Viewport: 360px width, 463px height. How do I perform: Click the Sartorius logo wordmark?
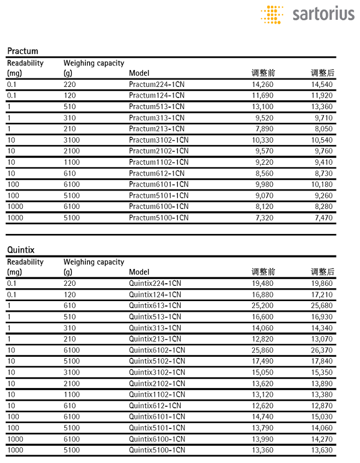click(323, 13)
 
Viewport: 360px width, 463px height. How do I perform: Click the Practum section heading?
click(23, 51)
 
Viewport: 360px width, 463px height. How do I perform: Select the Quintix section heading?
click(21, 250)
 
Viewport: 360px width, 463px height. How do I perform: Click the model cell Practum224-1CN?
click(157, 84)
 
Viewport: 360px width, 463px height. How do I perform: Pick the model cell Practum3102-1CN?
click(159, 140)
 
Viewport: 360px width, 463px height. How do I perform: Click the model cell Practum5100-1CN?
click(159, 218)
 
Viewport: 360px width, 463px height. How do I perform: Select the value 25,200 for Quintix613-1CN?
click(263, 306)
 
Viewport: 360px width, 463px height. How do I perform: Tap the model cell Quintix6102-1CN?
click(157, 350)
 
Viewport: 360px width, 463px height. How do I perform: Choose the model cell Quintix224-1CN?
click(155, 284)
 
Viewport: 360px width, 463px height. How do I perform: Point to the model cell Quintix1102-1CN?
click(157, 394)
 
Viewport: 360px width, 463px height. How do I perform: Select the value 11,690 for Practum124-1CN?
click(263, 95)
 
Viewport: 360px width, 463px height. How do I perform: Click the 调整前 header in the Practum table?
click(263, 73)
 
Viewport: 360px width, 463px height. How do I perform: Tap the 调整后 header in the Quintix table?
click(323, 271)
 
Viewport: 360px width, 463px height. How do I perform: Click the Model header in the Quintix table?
click(139, 272)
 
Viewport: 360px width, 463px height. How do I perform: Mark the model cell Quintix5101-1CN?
click(157, 428)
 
